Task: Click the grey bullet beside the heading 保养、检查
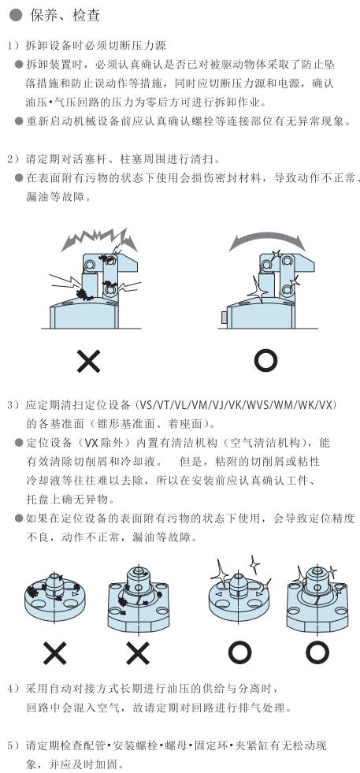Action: tap(15, 15)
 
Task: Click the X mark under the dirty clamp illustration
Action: tap(89, 361)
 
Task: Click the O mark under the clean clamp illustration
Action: tap(265, 361)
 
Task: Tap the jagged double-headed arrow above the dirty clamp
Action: tap(99, 239)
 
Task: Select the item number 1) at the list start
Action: tap(13, 46)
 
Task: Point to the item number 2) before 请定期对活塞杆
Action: tap(13, 159)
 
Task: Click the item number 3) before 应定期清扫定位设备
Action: tap(13, 405)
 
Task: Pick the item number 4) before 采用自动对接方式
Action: tap(13, 688)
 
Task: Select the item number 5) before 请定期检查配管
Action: tap(13, 745)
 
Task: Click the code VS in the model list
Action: tap(147, 405)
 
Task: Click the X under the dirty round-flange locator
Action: tap(54, 653)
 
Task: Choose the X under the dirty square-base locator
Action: tap(138, 653)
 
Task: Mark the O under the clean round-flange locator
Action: tap(240, 653)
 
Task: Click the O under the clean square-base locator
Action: tap(317, 653)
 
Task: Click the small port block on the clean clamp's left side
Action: tap(225, 317)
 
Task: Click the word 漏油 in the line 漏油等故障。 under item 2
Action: tap(35, 197)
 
